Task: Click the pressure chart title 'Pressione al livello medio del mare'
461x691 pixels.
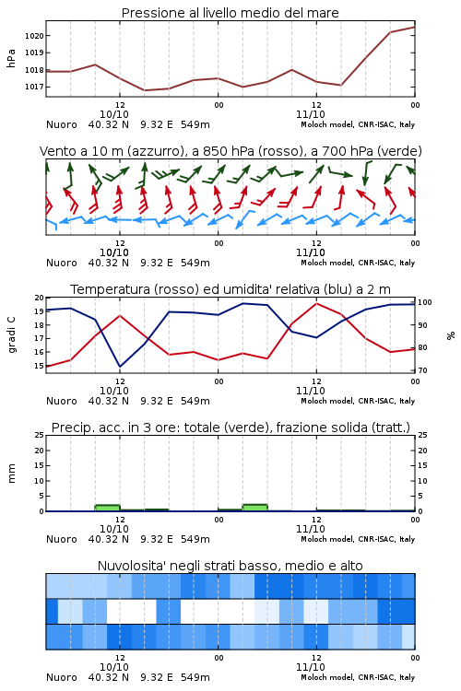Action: click(230, 13)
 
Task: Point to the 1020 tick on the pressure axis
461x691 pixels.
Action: click(34, 36)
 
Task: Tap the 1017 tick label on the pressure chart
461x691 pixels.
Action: click(34, 87)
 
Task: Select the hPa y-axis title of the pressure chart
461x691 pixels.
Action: click(11, 58)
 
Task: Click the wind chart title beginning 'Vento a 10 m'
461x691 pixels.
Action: click(230, 151)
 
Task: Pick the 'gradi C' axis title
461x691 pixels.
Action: click(12, 335)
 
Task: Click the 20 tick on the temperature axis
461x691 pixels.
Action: click(40, 298)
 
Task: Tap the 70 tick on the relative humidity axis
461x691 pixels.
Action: click(422, 370)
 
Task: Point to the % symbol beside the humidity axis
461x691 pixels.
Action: click(451, 335)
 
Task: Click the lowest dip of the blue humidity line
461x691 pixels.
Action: click(120, 367)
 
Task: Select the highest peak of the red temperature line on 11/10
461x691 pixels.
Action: click(316, 303)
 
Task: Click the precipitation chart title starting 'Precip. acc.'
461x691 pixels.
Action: click(230, 427)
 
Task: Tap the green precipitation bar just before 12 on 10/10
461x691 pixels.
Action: click(107, 508)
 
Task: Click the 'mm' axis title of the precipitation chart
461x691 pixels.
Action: click(12, 474)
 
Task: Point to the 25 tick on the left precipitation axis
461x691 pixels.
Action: click(40, 435)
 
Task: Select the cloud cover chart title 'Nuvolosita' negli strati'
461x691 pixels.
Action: click(230, 566)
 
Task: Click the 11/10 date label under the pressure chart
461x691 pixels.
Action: click(311, 114)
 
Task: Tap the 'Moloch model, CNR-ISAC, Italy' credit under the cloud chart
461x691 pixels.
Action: click(358, 677)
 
